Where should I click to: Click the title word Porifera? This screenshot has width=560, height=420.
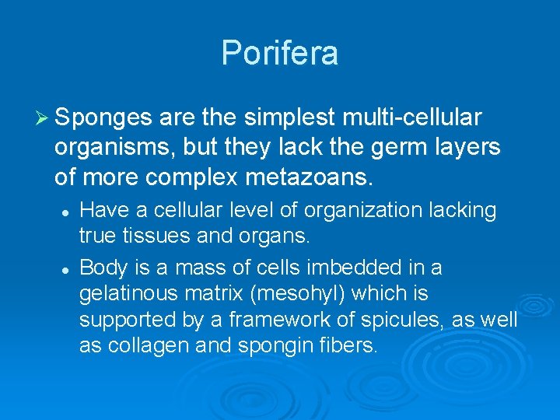point(280,54)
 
